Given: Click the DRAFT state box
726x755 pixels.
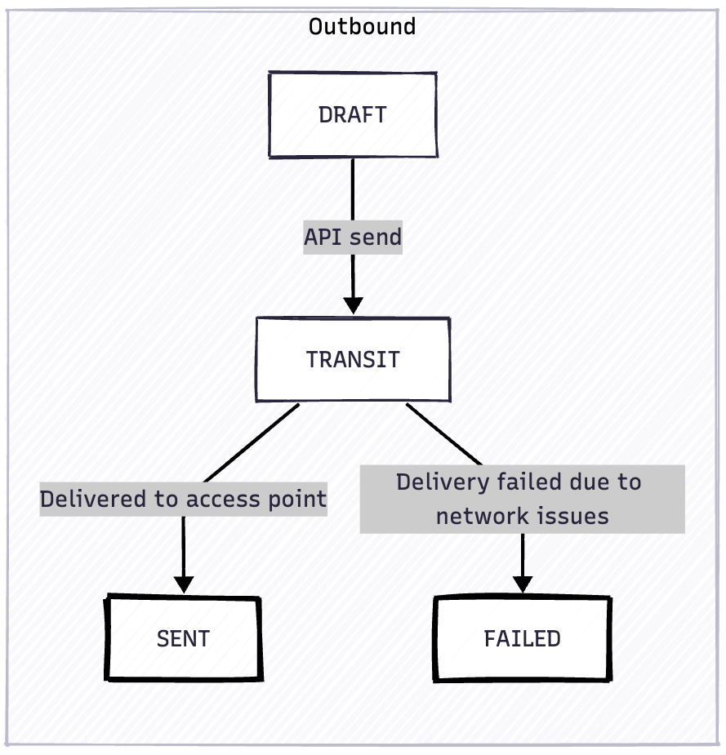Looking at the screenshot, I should click(x=353, y=114).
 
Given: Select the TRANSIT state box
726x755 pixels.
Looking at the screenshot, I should click(x=353, y=359).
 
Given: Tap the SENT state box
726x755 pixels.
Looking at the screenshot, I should click(x=183, y=638).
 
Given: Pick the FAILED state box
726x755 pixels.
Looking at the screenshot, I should click(x=522, y=638).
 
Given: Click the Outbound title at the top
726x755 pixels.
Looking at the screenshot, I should click(x=362, y=26).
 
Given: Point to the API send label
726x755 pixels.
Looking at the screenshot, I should click(x=353, y=238).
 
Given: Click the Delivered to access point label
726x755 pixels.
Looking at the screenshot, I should click(x=183, y=499).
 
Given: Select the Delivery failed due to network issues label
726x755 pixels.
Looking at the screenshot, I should click(x=521, y=499).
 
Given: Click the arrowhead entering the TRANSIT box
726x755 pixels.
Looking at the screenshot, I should click(x=353, y=306).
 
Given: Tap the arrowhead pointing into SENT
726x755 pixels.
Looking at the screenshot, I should click(x=183, y=584).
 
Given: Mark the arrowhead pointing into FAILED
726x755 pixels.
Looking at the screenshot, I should click(x=522, y=584).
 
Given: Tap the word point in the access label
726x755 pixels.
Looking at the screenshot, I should click(x=299, y=499).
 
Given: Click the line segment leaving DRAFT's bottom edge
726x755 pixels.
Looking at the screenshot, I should click(x=353, y=188).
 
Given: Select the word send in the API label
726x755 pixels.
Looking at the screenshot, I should click(x=375, y=238).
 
